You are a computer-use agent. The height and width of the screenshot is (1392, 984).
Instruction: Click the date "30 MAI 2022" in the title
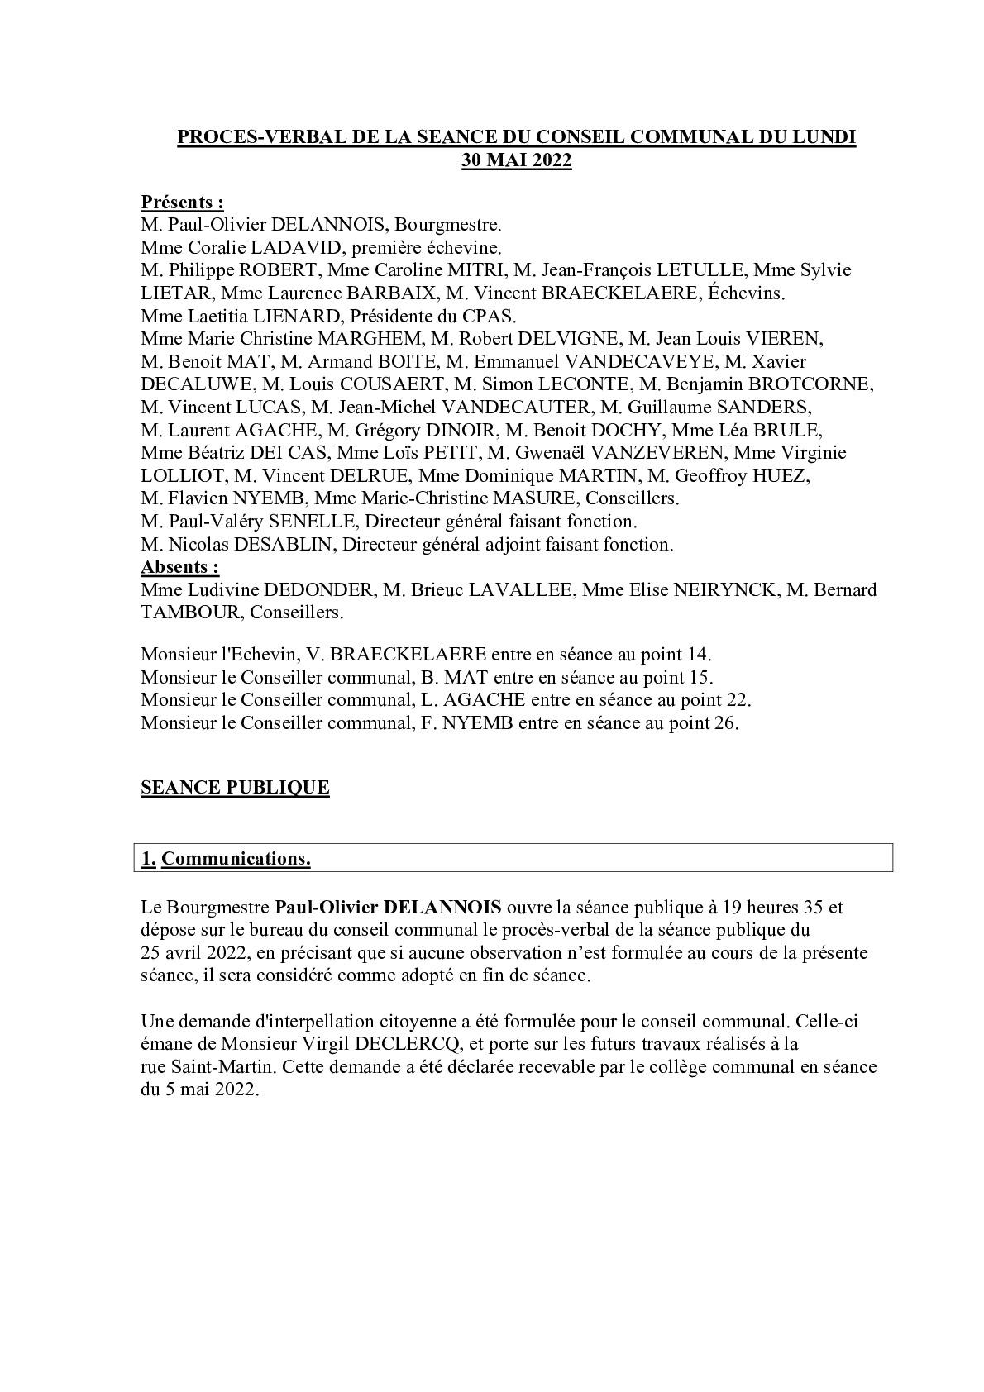click(x=516, y=160)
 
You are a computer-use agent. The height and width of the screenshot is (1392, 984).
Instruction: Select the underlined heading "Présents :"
click(x=182, y=202)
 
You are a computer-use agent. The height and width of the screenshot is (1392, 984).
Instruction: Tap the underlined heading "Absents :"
click(x=180, y=567)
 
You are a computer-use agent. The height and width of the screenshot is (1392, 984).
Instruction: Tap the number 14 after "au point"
click(x=697, y=655)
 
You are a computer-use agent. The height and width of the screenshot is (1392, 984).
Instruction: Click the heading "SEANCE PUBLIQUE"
click(x=235, y=787)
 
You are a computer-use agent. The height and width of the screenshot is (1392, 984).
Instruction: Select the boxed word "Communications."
click(x=236, y=859)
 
